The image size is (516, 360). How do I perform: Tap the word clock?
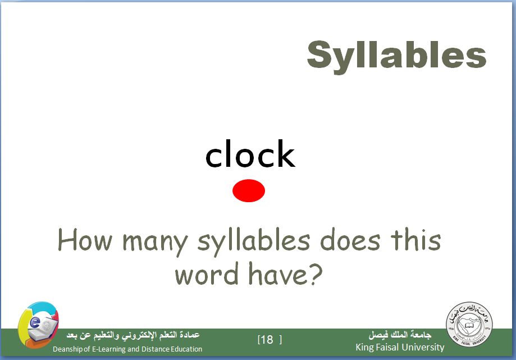tap(250, 153)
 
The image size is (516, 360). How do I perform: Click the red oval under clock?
tap(249, 190)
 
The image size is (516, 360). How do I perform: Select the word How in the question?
tap(85, 240)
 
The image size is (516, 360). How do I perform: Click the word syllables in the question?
tap(254, 242)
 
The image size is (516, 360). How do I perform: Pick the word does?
tap(350, 240)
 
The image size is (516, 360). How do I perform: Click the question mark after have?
tap(316, 273)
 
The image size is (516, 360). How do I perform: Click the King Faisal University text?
tap(400, 348)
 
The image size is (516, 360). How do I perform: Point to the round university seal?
tap(469, 324)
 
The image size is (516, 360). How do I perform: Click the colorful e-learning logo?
tap(39, 325)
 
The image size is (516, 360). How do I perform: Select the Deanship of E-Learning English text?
tap(127, 349)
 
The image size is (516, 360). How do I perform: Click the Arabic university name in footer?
tap(400, 335)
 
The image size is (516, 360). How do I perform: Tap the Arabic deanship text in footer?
tap(133, 335)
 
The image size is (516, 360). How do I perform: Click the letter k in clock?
tap(285, 153)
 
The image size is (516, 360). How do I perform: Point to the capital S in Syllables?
tap(318, 54)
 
